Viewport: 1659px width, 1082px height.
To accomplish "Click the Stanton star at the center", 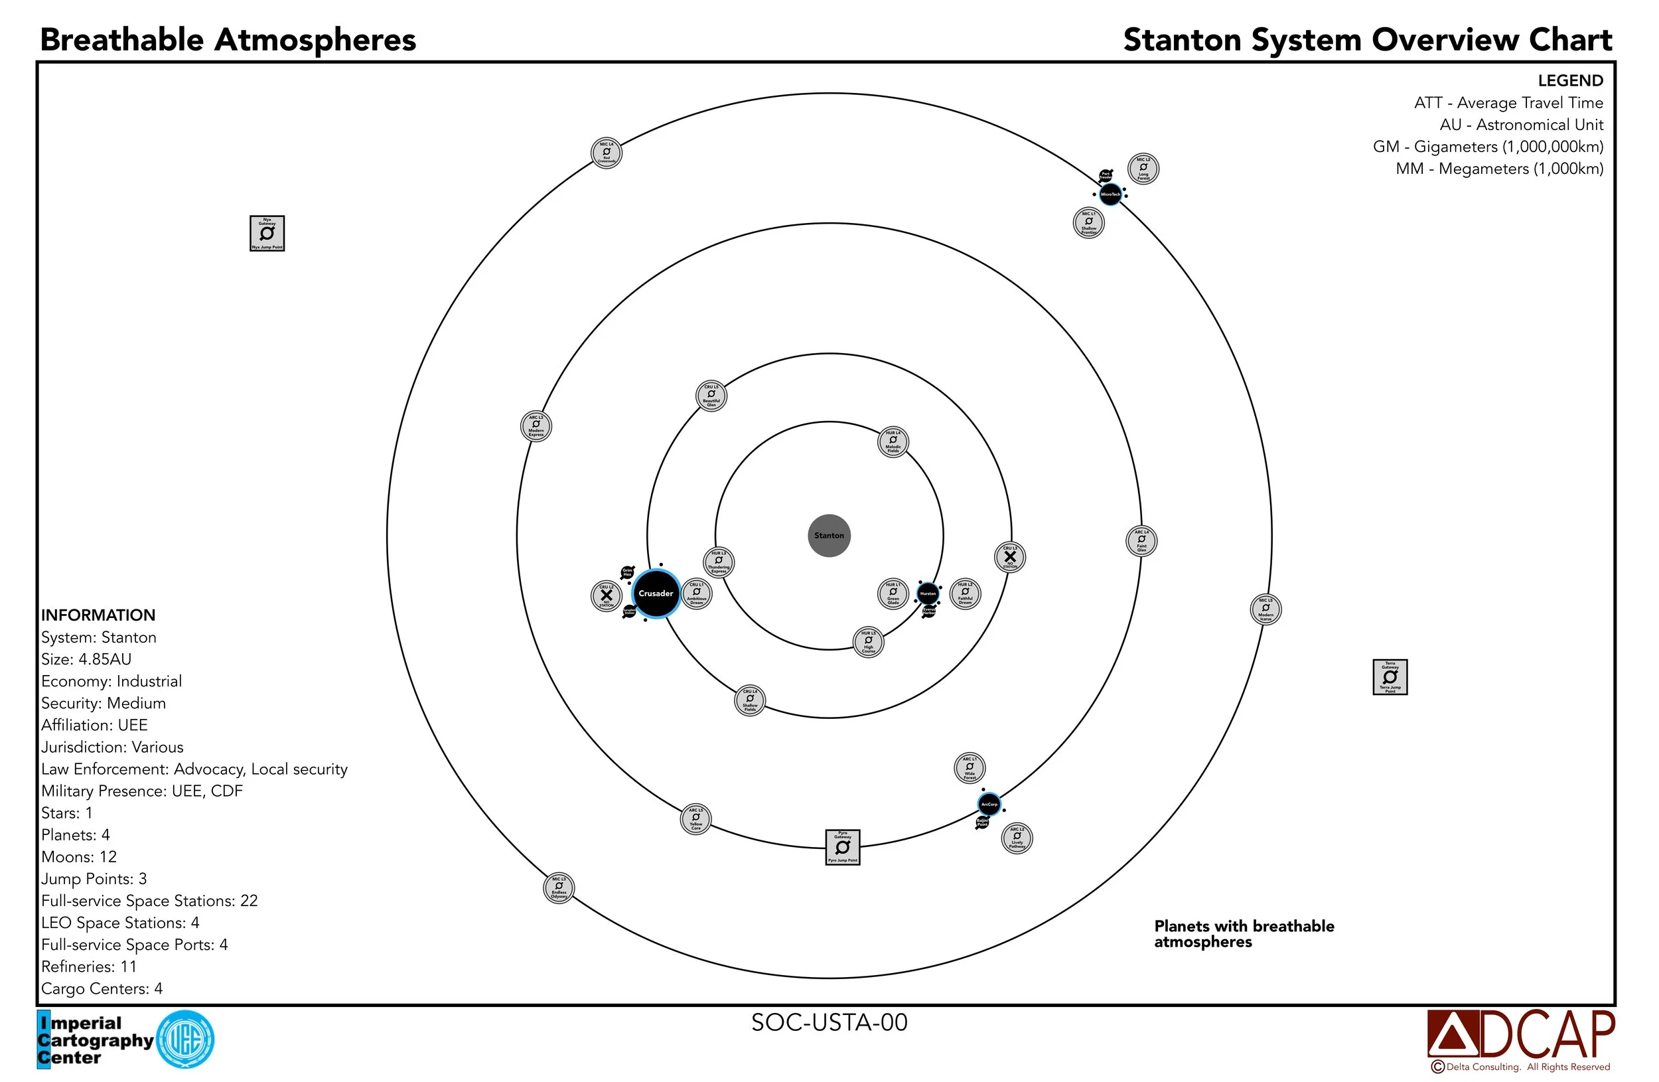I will coord(829,536).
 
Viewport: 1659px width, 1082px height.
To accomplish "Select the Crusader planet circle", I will coord(655,593).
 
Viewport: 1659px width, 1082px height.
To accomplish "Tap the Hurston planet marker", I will coord(927,593).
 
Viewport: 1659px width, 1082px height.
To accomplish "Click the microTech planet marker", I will coord(1110,194).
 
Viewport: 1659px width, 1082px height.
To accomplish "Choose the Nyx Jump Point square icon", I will coord(267,233).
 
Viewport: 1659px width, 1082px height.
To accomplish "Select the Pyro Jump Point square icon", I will coord(842,846).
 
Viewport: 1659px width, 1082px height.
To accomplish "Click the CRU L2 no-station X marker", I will coord(607,595).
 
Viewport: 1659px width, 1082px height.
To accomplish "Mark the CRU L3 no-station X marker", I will coord(1009,556).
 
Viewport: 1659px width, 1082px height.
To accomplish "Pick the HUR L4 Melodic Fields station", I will coord(893,441).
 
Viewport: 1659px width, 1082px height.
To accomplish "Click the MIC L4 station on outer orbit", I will coord(606,153).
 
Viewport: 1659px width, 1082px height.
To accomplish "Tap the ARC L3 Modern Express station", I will coord(536,425).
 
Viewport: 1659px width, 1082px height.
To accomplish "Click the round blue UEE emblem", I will coord(185,1040).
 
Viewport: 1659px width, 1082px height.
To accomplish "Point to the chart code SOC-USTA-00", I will coord(829,1022).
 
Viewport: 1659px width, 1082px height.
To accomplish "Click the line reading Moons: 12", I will coord(79,857).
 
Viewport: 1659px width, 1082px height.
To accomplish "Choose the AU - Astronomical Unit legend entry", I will coord(1521,125).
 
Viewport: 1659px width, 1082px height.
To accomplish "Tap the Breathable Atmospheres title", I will coord(228,40).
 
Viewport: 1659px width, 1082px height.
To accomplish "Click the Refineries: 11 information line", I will coord(88,966).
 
